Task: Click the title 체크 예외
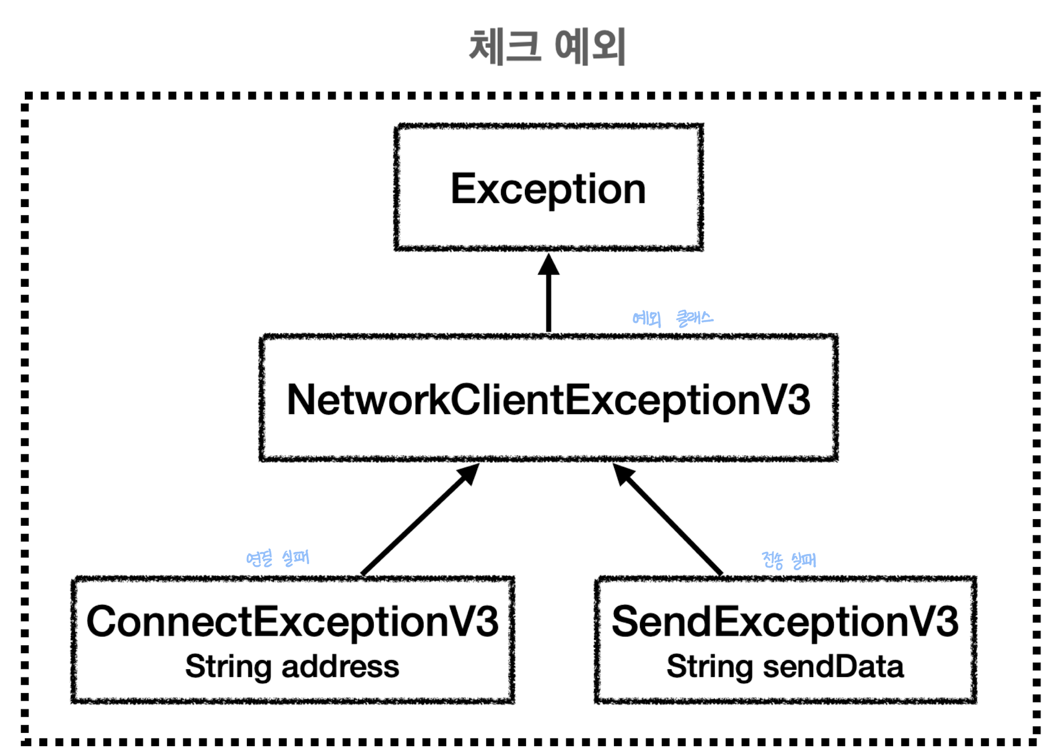[x=547, y=47]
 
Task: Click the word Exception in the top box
[x=548, y=189]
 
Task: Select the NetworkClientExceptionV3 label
[x=548, y=400]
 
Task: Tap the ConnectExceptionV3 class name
[x=292, y=621]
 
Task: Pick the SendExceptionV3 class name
[x=785, y=621]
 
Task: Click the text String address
[x=292, y=666]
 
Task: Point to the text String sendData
[x=785, y=666]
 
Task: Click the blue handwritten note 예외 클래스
[x=673, y=318]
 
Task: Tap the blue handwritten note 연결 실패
[x=277, y=558]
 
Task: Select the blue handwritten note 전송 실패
[x=788, y=560]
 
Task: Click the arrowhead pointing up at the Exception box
[x=549, y=265]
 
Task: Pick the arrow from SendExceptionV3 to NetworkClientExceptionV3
[x=668, y=519]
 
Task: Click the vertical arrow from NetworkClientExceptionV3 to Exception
[x=549, y=293]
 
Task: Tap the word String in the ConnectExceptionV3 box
[x=228, y=667]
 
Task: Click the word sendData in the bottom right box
[x=833, y=666]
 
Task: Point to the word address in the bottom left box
[x=340, y=666]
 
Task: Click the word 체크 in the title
[x=504, y=47]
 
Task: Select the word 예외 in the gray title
[x=590, y=47]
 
